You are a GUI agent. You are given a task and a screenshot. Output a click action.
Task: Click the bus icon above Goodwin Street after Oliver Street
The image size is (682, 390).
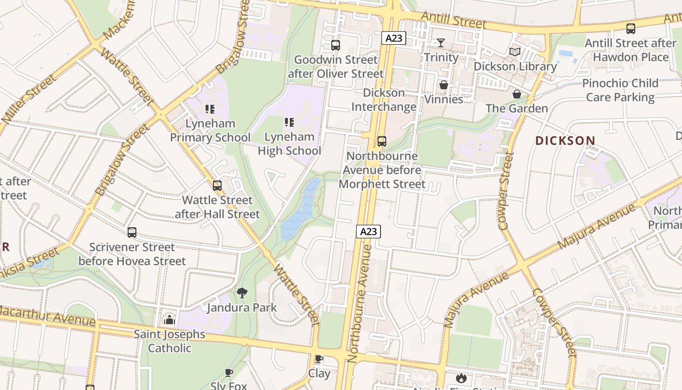(335, 45)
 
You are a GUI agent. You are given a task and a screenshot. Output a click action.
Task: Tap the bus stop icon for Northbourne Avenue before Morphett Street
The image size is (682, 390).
(382, 141)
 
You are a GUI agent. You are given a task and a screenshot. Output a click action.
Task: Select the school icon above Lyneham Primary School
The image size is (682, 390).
(210, 109)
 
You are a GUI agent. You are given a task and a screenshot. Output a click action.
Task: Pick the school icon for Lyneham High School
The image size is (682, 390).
(289, 122)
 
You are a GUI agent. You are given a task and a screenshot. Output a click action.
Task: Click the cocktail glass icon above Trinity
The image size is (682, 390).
(441, 43)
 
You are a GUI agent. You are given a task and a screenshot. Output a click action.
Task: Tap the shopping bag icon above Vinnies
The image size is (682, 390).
(443, 85)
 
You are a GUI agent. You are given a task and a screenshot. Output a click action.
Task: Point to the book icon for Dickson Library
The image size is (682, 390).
(515, 52)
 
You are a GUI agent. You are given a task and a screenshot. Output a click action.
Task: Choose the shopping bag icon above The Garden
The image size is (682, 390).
(517, 94)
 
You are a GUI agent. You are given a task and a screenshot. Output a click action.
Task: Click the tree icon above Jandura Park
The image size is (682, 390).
(242, 292)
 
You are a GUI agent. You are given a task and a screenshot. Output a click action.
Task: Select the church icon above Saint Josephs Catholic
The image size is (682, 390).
(170, 320)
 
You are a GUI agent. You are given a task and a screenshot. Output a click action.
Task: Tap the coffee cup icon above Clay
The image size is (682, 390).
(319, 359)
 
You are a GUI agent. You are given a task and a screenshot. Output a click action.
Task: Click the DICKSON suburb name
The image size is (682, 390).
(565, 141)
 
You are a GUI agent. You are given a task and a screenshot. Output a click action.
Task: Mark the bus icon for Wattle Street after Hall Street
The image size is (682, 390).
(217, 185)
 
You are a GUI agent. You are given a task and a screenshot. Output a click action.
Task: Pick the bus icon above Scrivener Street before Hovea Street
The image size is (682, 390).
(132, 233)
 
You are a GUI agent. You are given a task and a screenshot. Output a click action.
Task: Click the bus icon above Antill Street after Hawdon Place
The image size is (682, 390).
(631, 29)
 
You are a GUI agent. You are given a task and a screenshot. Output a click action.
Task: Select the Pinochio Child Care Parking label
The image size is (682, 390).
(620, 90)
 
